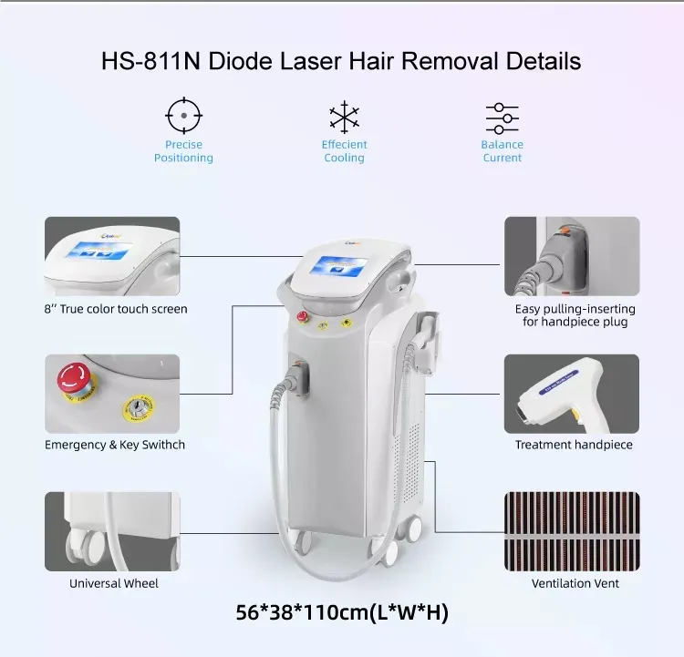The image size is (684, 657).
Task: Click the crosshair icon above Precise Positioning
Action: coord(183,116)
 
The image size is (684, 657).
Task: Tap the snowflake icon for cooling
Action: coord(344,117)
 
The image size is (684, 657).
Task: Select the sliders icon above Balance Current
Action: coord(503,118)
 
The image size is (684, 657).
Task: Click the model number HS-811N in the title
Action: coord(150,61)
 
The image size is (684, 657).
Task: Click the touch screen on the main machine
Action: coord(338,266)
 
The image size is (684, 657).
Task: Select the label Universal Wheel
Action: coord(114,583)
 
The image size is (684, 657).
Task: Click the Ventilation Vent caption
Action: coord(575,583)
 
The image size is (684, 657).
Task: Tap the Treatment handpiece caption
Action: coord(574,445)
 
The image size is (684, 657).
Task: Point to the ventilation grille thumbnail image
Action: coord(572,531)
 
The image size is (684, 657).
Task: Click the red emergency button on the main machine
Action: coord(302,316)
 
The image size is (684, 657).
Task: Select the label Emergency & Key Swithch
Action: coord(115,445)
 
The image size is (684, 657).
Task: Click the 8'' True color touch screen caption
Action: coord(116,309)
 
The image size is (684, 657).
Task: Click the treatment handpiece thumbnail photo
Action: coord(572,395)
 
